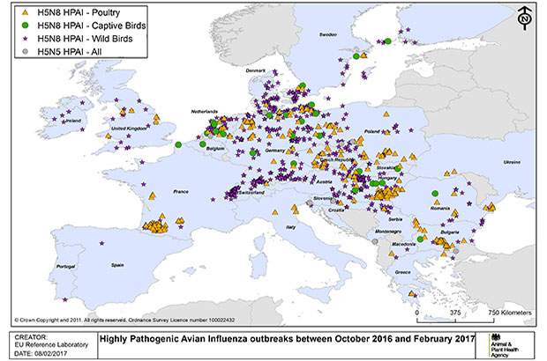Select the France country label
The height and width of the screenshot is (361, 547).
tap(181, 191)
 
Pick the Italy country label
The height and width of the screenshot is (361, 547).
tap(287, 229)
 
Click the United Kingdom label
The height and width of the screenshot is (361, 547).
tap(125, 129)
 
